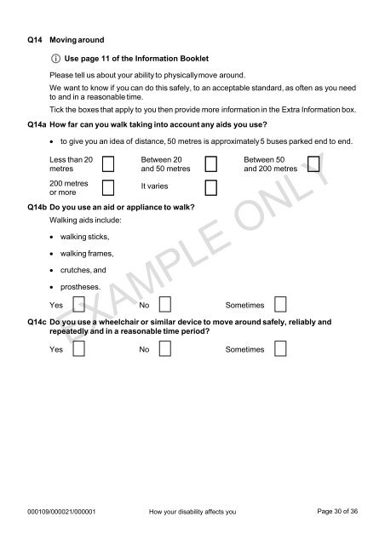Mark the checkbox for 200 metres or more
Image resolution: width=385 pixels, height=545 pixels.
(x=108, y=187)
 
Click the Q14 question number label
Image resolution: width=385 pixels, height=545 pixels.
(x=34, y=40)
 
